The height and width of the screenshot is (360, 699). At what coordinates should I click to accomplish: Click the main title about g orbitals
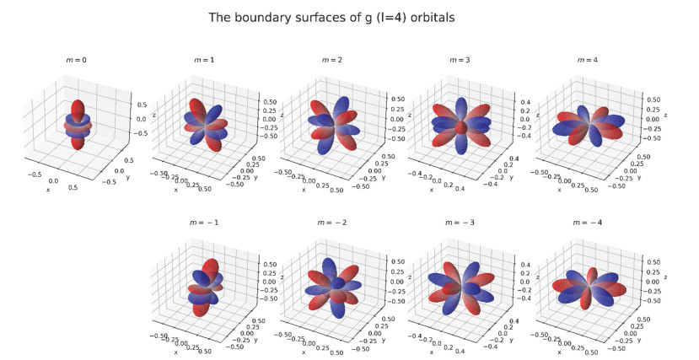point(348,17)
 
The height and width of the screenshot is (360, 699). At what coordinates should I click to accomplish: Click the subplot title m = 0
point(77,61)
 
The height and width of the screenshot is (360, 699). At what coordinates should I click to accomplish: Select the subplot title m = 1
point(203,61)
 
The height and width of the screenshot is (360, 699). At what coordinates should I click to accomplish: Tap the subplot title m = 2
point(331,61)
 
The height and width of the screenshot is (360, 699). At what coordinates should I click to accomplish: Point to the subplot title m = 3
point(459,61)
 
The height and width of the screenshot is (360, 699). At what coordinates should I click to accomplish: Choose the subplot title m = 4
point(587,61)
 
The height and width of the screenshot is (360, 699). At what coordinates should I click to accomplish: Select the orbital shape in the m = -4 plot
point(588,287)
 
